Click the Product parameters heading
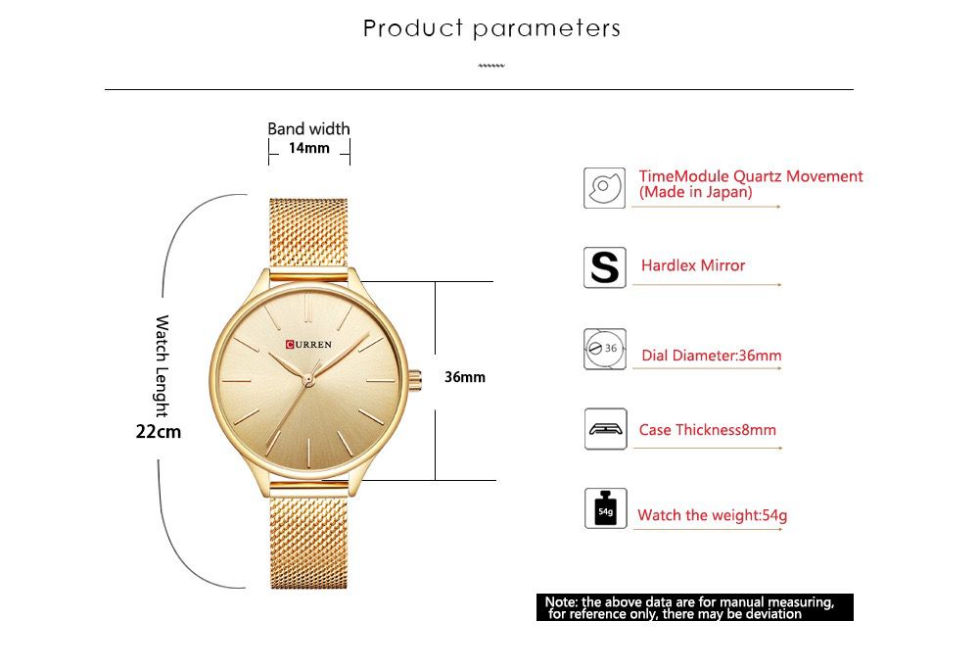point(491,28)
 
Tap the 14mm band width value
point(308,149)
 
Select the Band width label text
point(308,128)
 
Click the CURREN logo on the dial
point(309,344)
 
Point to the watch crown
point(415,377)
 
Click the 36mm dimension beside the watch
point(465,377)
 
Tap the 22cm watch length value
point(159,430)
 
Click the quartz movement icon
point(604,186)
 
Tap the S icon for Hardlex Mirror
point(604,266)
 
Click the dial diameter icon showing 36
point(604,349)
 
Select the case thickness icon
point(604,429)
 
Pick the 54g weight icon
point(604,509)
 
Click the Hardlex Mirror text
point(693,265)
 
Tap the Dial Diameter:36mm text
point(712,356)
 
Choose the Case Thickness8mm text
point(708,430)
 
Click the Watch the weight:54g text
point(712,515)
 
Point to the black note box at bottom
point(694,607)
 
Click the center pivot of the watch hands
point(307,377)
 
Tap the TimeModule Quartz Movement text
point(751,183)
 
